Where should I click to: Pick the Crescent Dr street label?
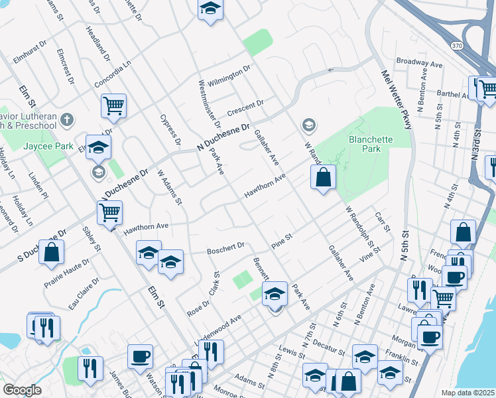tap(245, 107)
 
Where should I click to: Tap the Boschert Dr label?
tap(225, 249)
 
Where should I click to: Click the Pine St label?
tap(281, 241)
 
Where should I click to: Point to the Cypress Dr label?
tap(170, 130)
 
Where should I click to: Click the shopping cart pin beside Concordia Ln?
tap(114, 105)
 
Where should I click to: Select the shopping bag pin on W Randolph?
tap(323, 177)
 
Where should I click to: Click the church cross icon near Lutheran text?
tap(66, 119)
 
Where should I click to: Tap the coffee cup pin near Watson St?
tap(140, 356)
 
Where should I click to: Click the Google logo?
tap(22, 390)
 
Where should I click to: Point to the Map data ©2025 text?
tap(467, 393)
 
